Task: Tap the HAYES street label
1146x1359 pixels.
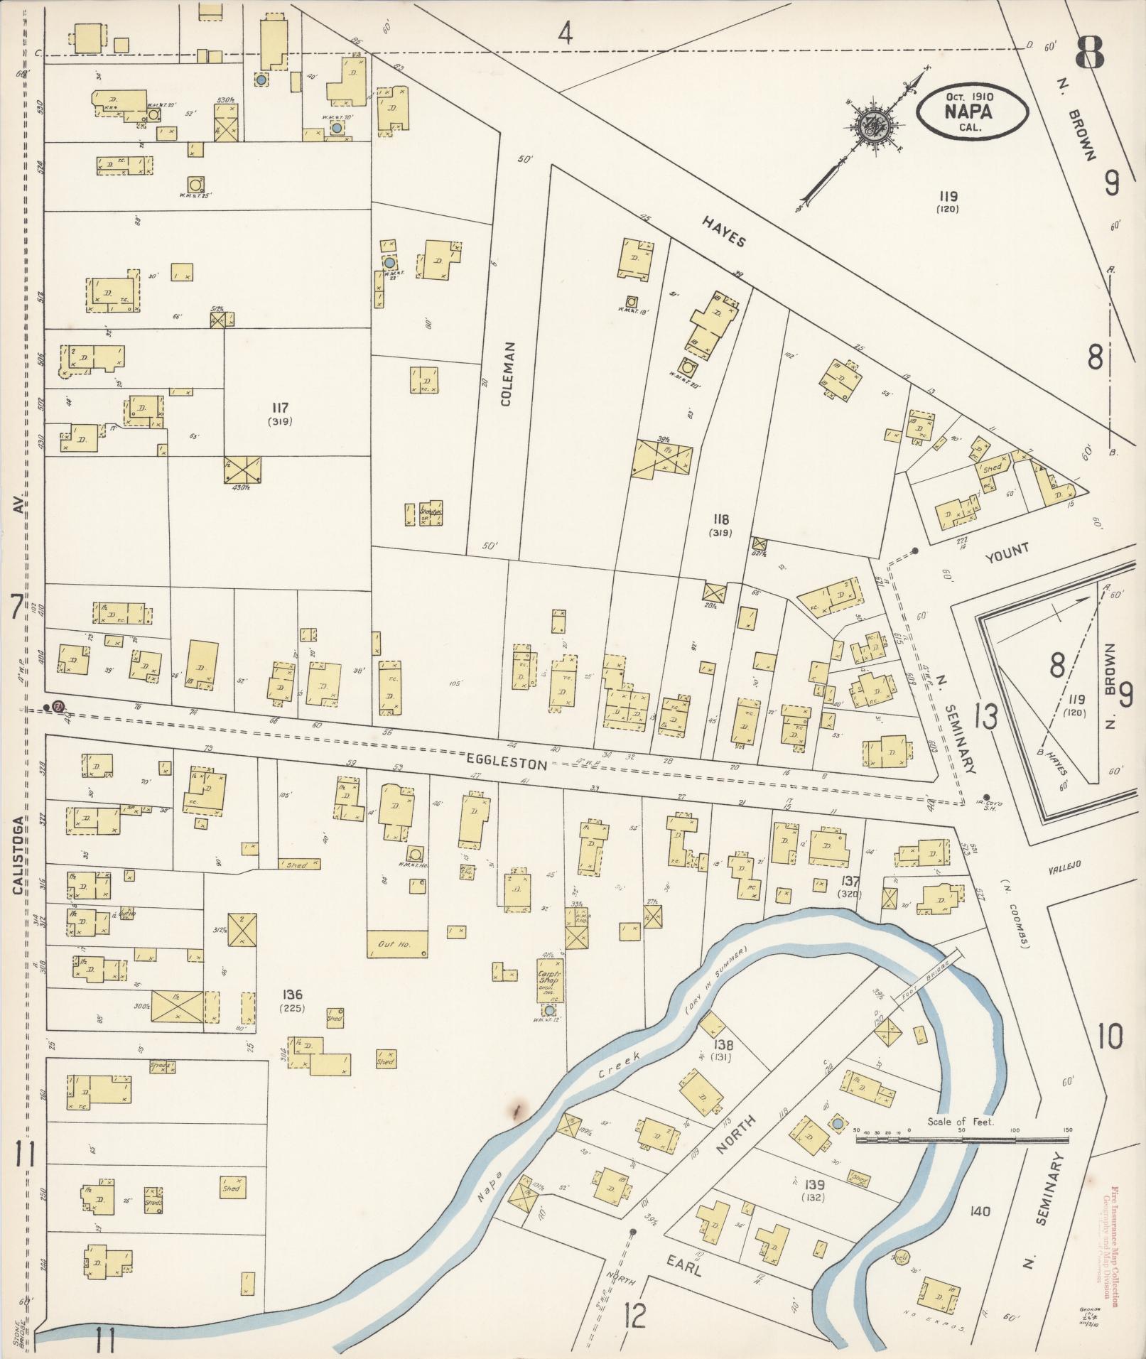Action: coord(725,231)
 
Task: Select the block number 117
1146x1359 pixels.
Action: coord(280,408)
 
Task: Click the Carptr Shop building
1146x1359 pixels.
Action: coord(548,979)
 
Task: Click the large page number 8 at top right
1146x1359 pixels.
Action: coord(1088,53)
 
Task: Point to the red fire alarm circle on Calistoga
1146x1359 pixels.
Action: coord(59,706)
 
